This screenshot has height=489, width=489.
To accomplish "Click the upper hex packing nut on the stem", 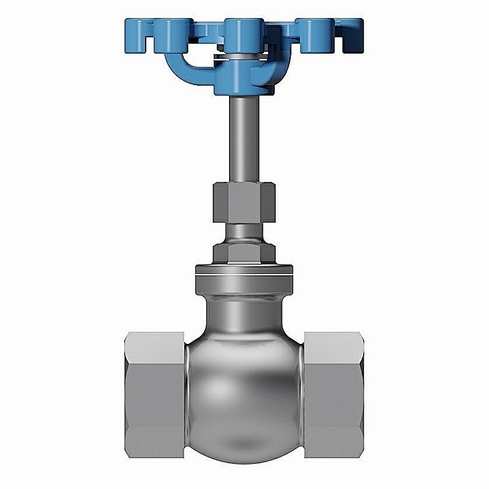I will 244,201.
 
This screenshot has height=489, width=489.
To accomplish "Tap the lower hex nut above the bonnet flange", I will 244,252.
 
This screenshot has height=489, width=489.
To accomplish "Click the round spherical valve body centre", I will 244,385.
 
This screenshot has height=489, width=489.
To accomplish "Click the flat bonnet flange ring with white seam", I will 244,269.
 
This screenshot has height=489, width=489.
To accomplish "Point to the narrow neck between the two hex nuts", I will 244,231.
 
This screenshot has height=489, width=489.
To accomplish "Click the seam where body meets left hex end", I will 186,396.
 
